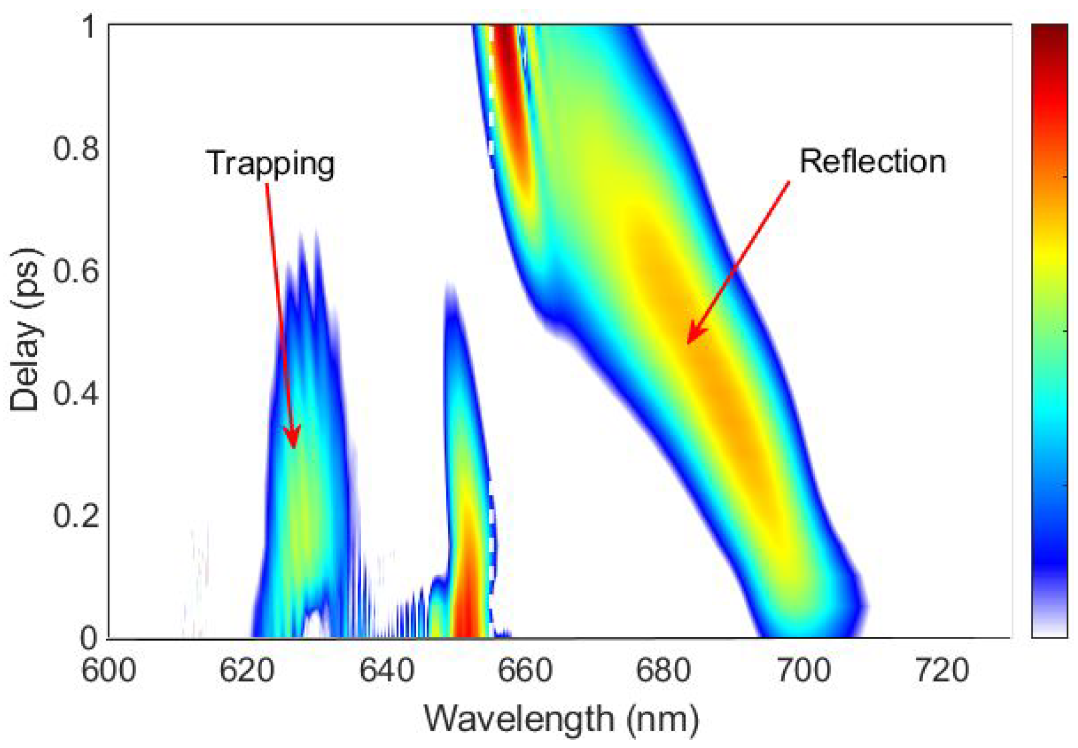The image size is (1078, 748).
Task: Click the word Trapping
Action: pos(270,164)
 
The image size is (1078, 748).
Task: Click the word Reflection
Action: pos(872,162)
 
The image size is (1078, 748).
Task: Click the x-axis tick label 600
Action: pos(108,670)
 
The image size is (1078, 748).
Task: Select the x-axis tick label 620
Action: pos(247,670)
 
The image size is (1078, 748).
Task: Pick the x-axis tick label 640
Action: pos(386,670)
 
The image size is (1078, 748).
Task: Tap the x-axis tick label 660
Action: pos(525,670)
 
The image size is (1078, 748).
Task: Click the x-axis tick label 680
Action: pos(663,670)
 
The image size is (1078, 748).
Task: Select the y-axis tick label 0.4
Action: pos(75,392)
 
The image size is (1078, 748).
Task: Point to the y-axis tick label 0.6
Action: pos(75,270)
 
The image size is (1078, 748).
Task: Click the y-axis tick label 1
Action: pos(89,26)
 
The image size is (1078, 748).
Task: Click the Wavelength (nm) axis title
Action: pos(561,719)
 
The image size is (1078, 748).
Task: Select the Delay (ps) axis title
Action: pos(25,329)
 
